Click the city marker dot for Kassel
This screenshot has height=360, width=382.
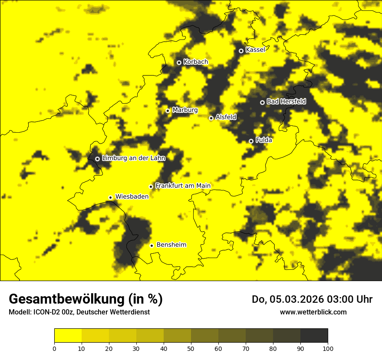[x=241, y=51]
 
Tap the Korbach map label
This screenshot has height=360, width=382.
[x=195, y=62]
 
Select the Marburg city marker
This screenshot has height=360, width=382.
[x=168, y=111]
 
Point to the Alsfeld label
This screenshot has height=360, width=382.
[x=226, y=117]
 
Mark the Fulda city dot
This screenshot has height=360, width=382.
[x=251, y=141]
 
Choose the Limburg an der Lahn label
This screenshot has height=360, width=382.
[x=133, y=158]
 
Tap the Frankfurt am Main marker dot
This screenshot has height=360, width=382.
[x=151, y=187]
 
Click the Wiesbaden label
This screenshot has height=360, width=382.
[x=132, y=196]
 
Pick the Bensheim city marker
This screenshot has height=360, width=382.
[x=152, y=245]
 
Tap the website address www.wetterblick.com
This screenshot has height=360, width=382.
[x=313, y=312]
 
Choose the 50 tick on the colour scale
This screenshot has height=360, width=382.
[x=191, y=348]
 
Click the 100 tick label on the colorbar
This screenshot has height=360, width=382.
[x=328, y=348]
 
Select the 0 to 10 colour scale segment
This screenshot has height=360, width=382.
[x=68, y=335]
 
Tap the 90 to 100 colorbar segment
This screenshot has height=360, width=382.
[x=314, y=335]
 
